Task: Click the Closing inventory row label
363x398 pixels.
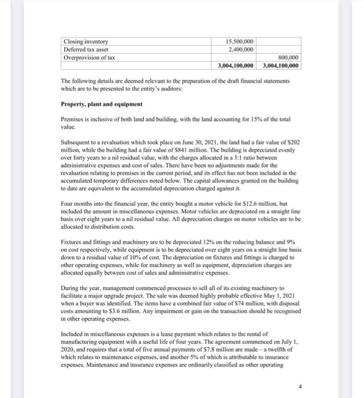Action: (x=86, y=42)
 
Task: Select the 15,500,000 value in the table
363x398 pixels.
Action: (x=240, y=42)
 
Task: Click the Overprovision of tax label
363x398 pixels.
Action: (x=89, y=57)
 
